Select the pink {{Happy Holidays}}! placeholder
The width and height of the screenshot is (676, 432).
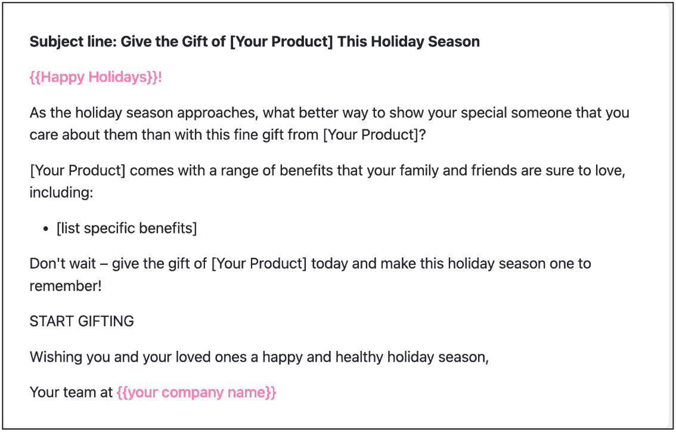[96, 77]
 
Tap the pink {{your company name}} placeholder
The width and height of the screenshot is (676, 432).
[197, 393]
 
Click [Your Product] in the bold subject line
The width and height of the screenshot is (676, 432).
[281, 42]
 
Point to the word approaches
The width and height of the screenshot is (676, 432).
[218, 113]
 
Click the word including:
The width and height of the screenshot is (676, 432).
[61, 193]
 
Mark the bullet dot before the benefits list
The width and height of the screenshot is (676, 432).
[46, 229]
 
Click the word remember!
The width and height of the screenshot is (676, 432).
[66, 286]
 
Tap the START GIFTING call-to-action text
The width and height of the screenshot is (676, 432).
[82, 322]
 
